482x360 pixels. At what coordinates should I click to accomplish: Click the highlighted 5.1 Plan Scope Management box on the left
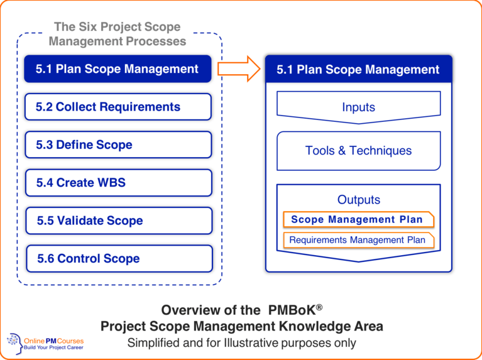click(x=118, y=69)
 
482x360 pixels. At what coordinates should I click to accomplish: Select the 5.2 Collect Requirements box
click(x=118, y=107)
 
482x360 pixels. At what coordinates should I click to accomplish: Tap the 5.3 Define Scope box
click(x=118, y=145)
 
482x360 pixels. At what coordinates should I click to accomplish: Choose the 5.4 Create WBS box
click(x=118, y=183)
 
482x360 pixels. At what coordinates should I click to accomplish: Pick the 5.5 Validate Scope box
click(x=118, y=221)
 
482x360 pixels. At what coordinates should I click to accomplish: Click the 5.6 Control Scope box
click(x=118, y=258)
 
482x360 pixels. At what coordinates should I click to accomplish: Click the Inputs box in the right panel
click(x=358, y=108)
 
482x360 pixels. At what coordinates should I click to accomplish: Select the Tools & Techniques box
click(x=358, y=151)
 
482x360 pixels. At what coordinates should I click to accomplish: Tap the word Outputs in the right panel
click(x=358, y=200)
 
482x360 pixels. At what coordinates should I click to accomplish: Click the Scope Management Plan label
click(x=358, y=219)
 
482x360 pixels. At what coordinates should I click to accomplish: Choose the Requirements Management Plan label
click(x=358, y=240)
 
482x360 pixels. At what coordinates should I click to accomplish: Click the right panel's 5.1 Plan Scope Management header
click(x=358, y=70)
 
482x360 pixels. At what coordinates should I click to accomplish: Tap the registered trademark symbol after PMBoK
click(x=319, y=307)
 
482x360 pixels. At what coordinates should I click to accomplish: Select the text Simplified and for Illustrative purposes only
click(x=241, y=343)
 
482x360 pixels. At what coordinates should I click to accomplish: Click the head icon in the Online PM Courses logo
click(x=13, y=343)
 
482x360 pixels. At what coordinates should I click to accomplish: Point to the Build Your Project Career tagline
click(x=54, y=348)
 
